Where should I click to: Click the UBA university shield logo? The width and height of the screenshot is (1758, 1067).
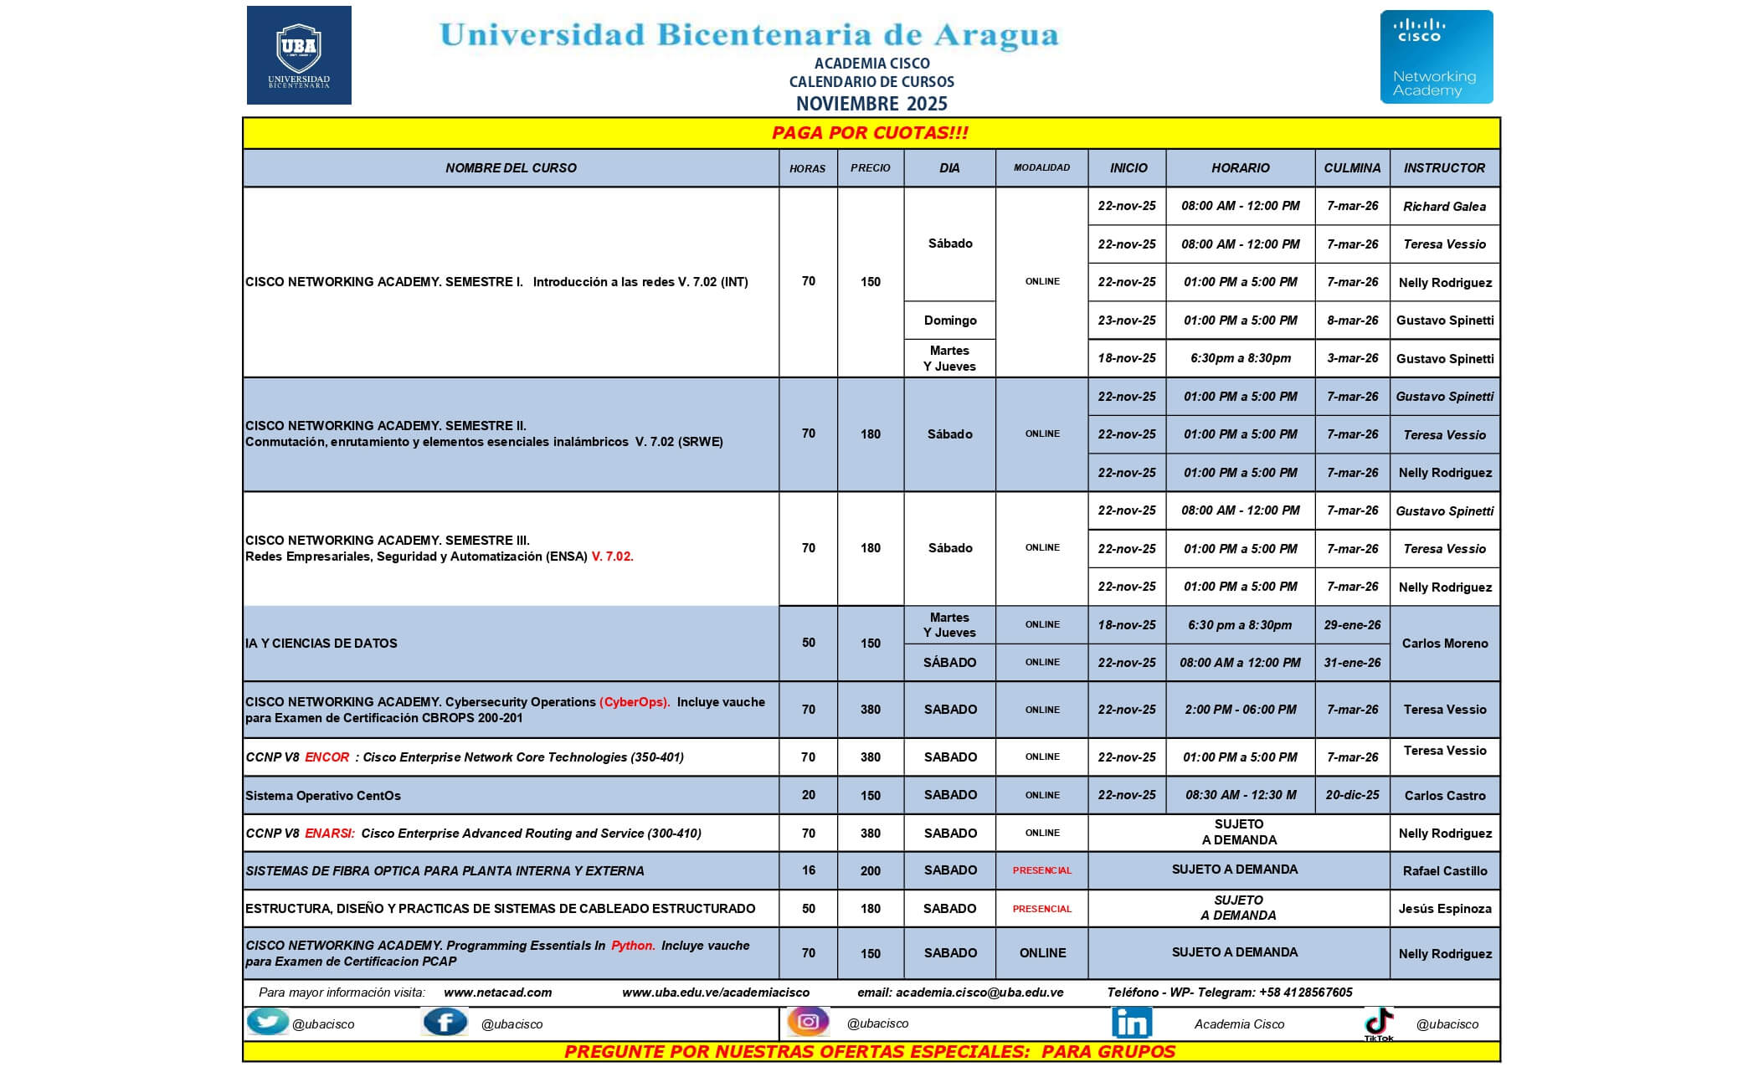pyautogui.click(x=299, y=55)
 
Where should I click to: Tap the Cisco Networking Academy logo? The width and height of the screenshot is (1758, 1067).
pyautogui.click(x=1436, y=57)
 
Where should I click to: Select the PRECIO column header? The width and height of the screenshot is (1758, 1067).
pyautogui.click(x=870, y=168)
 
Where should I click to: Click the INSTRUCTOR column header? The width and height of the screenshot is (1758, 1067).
pyautogui.click(x=1444, y=168)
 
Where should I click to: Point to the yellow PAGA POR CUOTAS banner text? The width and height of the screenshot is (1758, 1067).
pyautogui.click(x=870, y=133)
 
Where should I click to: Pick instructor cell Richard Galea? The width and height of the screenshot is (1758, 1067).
pyautogui.click(x=1444, y=207)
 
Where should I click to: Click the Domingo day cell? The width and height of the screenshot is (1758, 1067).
pyautogui.click(x=949, y=321)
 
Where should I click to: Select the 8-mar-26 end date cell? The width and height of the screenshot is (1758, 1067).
pyautogui.click(x=1352, y=321)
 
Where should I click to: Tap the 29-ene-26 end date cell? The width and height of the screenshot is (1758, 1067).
pyautogui.click(x=1352, y=625)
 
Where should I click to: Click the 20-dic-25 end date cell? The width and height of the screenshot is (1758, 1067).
pyautogui.click(x=1352, y=795)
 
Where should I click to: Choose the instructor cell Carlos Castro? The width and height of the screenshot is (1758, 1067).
pyautogui.click(x=1444, y=796)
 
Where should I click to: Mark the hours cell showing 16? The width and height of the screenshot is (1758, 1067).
pyautogui.click(x=808, y=870)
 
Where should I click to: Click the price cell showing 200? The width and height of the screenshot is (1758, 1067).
pyautogui.click(x=870, y=871)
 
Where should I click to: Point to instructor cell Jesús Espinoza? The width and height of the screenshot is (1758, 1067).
pyautogui.click(x=1444, y=909)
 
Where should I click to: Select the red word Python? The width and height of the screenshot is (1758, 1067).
pyautogui.click(x=633, y=946)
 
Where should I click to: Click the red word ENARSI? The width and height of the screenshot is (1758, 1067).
pyautogui.click(x=329, y=834)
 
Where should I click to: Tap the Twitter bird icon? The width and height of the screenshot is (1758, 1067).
pyautogui.click(x=267, y=1023)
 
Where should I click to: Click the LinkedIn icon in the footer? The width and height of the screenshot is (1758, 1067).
pyautogui.click(x=1131, y=1023)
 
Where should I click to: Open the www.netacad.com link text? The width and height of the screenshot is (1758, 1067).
pyautogui.click(x=497, y=993)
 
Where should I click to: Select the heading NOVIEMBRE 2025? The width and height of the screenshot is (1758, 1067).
pyautogui.click(x=871, y=104)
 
